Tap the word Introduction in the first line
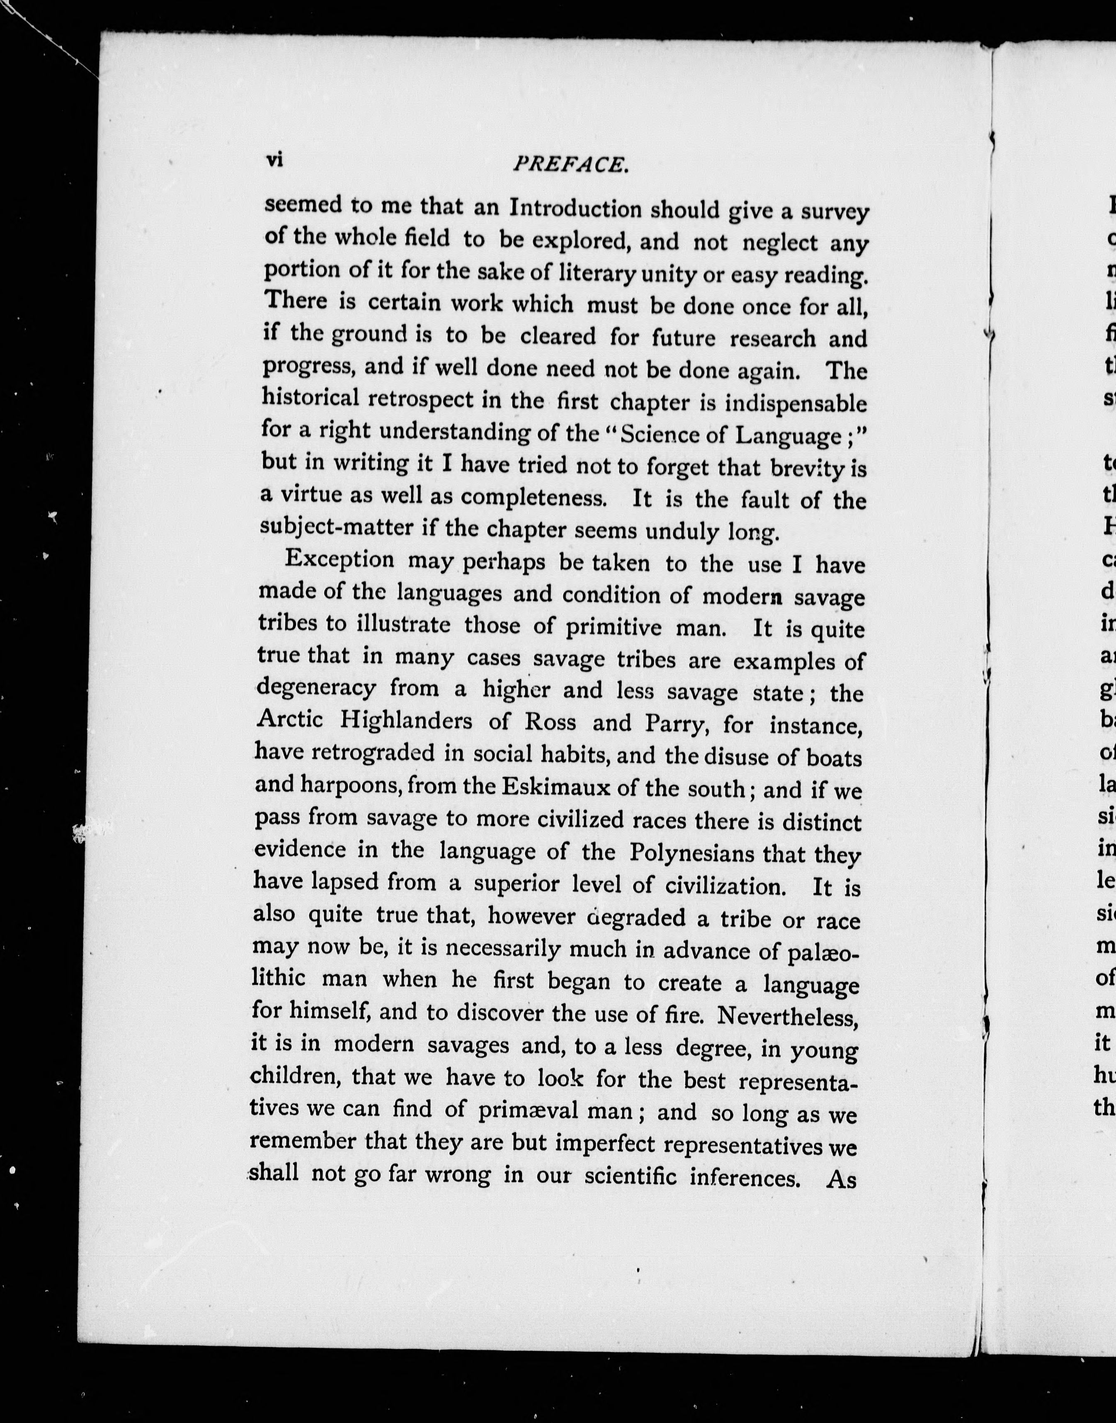pos(576,209)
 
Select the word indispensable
pos(796,404)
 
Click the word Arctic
pos(290,719)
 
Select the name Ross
pos(550,721)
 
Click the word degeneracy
pos(316,688)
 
